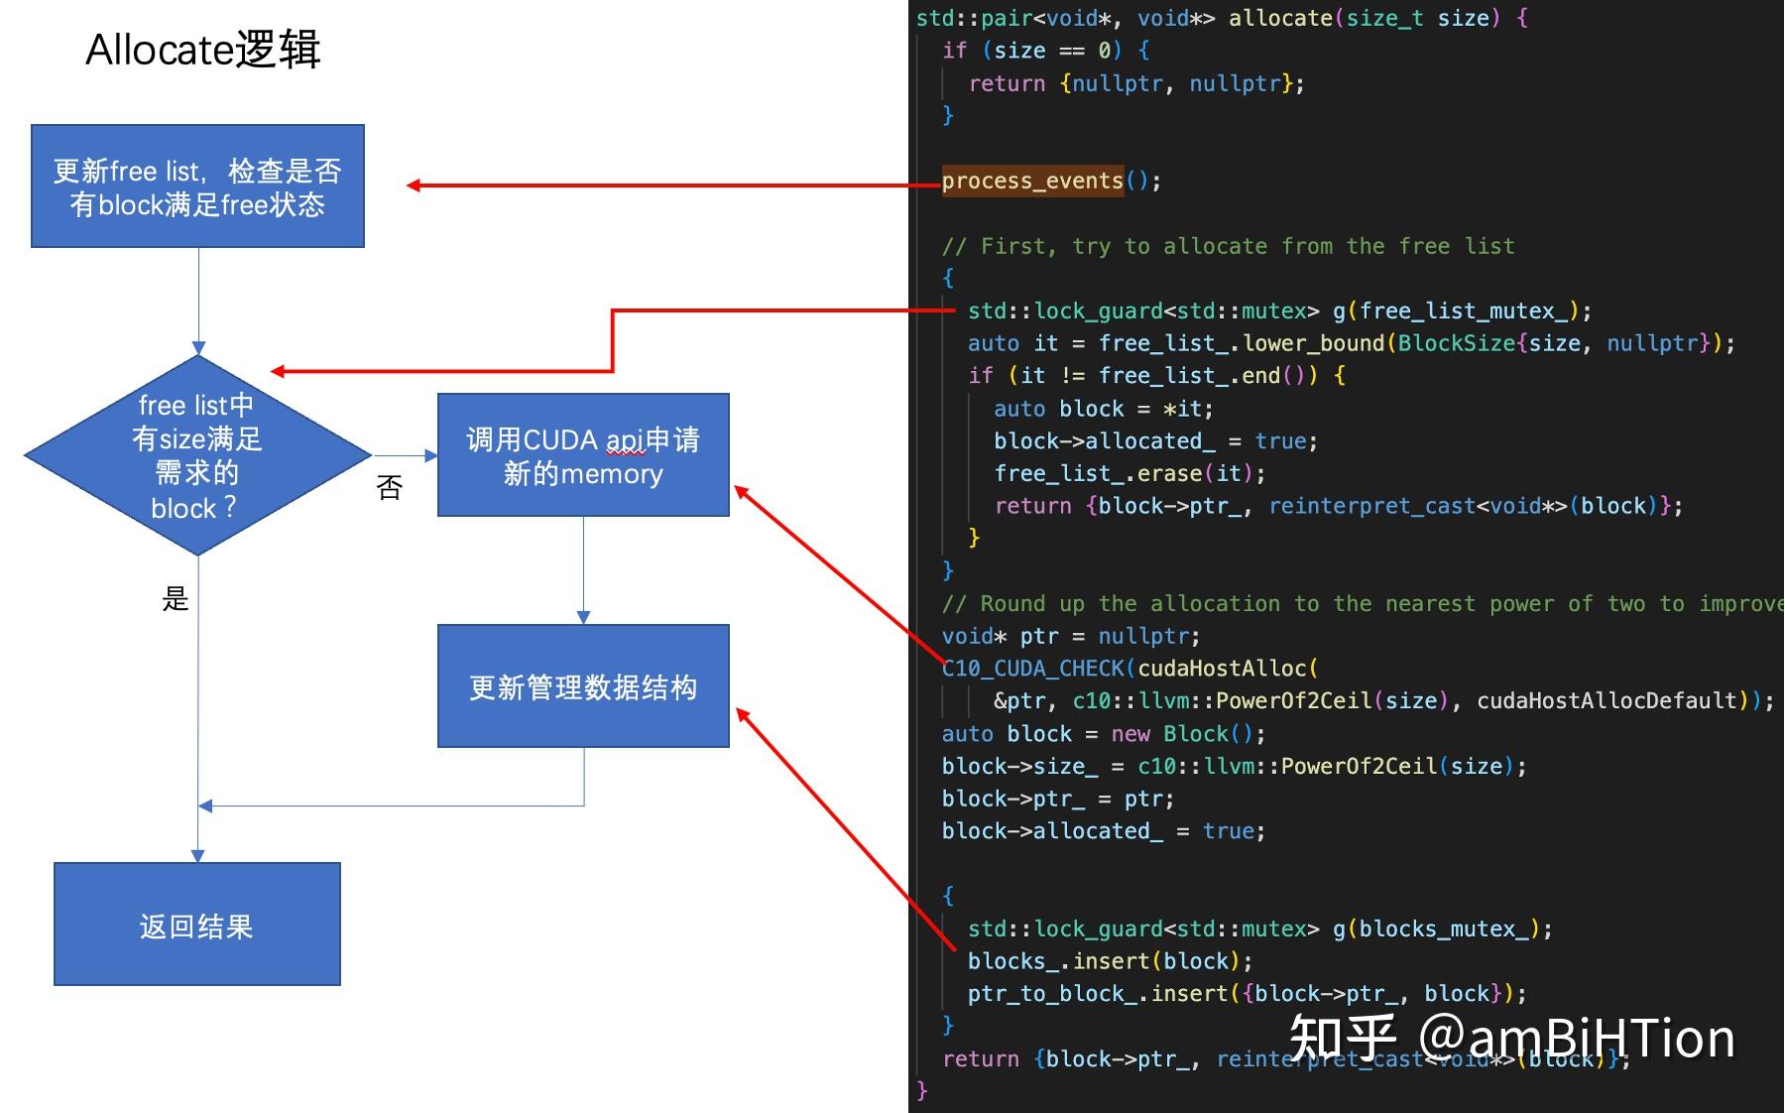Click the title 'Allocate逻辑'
(x=203, y=50)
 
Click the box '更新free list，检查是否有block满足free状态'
(x=197, y=186)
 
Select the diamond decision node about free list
(x=197, y=455)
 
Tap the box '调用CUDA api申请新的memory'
(x=583, y=455)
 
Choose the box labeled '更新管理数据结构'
(x=583, y=686)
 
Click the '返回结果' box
(x=197, y=925)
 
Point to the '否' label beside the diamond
(x=390, y=487)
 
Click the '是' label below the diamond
(x=176, y=598)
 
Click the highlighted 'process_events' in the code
(x=1031, y=181)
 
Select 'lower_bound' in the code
(x=1313, y=343)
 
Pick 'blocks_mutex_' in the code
(x=1444, y=929)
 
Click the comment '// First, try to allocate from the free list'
(x=1228, y=246)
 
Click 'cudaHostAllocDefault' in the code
(x=1606, y=701)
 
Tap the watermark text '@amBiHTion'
(x=1577, y=1039)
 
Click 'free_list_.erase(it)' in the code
(x=1129, y=474)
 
